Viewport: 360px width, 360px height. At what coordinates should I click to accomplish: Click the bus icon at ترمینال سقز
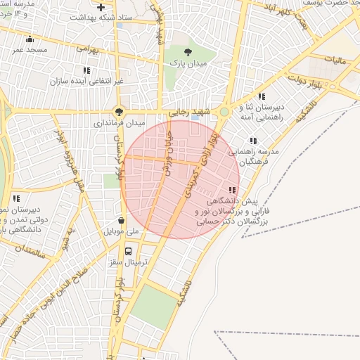pyautogui.click(x=128, y=251)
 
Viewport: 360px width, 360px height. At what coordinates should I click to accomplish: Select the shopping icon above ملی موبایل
pyautogui.click(x=122, y=220)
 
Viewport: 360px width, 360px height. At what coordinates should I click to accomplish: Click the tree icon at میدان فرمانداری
pyautogui.click(x=119, y=110)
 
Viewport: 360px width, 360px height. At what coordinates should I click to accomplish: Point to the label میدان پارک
pyautogui.click(x=188, y=63)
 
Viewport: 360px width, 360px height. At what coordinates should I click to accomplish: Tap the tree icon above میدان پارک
pyautogui.click(x=188, y=52)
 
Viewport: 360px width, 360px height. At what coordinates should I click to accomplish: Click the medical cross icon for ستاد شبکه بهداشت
pyautogui.click(x=101, y=7)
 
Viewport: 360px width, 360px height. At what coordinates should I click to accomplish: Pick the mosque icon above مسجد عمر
pyautogui.click(x=30, y=39)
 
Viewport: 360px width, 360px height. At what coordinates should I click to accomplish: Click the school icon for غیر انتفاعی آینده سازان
pyautogui.click(x=86, y=70)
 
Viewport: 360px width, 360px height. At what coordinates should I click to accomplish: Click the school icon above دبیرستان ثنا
pyautogui.click(x=262, y=96)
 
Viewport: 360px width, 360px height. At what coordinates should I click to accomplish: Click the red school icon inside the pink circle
pyautogui.click(x=233, y=190)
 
